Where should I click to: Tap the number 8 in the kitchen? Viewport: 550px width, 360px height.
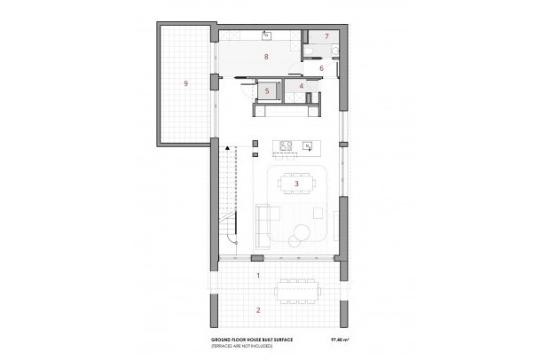point(266,56)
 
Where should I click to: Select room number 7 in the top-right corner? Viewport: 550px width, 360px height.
point(326,36)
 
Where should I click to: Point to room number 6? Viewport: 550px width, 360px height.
point(321,67)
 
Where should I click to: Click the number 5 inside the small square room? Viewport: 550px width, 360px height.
point(267,90)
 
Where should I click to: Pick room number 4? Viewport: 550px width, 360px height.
point(302,85)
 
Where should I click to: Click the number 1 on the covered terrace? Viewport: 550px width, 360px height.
point(258,276)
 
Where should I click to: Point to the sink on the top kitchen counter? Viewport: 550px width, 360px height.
point(267,36)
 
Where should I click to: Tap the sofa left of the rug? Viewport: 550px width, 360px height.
point(263,224)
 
